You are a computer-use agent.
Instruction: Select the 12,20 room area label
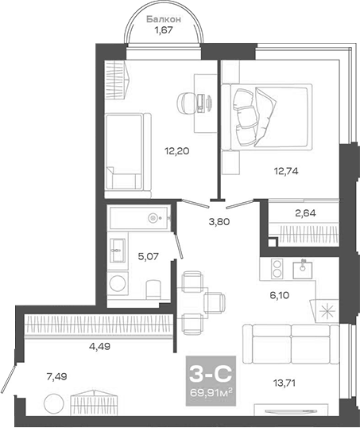(x=176, y=149)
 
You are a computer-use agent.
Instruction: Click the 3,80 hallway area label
(x=219, y=222)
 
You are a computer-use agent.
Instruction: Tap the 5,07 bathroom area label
(x=148, y=257)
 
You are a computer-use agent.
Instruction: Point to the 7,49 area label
(x=58, y=377)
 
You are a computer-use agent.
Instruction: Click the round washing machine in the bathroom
(x=119, y=285)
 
